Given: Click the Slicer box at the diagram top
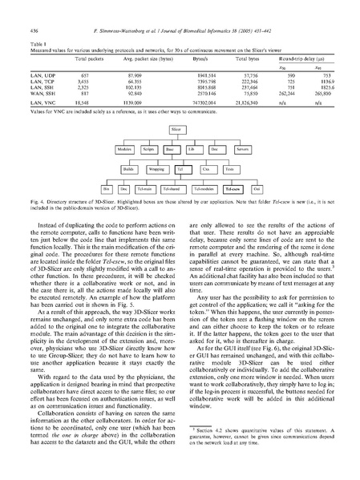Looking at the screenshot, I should (x=176, y=129).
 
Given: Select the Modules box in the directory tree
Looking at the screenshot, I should (x=124, y=150).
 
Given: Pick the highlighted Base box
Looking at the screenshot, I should (x=170, y=150).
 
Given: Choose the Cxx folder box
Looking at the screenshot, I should (x=205, y=170).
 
